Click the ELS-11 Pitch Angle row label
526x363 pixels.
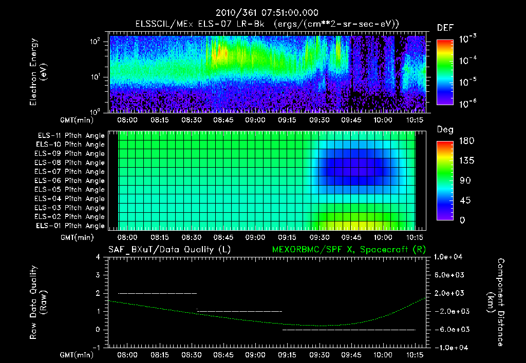click(x=70, y=135)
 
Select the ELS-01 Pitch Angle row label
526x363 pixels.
click(x=70, y=226)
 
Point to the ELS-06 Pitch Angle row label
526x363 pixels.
click(x=70, y=180)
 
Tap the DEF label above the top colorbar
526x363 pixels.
click(x=445, y=28)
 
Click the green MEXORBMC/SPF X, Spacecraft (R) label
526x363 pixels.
click(x=343, y=249)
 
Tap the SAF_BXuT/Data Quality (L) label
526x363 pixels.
click(x=169, y=249)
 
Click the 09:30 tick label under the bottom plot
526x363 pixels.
click(x=320, y=354)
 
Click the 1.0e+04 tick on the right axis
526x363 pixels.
click(x=449, y=257)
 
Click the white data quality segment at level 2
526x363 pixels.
click(x=157, y=293)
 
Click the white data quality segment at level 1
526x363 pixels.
click(x=239, y=311)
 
